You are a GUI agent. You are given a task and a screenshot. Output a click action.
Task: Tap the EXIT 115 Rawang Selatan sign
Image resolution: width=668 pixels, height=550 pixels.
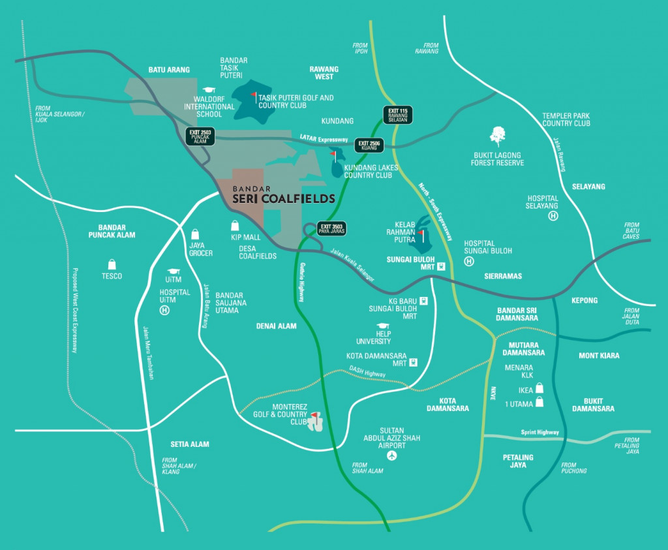pyautogui.click(x=397, y=114)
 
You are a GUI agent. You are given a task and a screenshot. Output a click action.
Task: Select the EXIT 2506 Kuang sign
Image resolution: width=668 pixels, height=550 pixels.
pyautogui.click(x=369, y=145)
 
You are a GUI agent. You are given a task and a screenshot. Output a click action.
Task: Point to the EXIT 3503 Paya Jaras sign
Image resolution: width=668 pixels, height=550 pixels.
pyautogui.click(x=331, y=228)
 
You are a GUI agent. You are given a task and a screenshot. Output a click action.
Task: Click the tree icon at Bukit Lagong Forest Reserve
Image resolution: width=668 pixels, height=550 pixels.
pyautogui.click(x=498, y=136)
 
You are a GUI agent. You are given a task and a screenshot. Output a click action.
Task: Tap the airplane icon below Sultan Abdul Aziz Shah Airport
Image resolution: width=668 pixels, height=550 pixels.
pyautogui.click(x=391, y=455)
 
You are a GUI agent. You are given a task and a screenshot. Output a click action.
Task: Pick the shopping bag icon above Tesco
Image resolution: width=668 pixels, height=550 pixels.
pyautogui.click(x=112, y=264)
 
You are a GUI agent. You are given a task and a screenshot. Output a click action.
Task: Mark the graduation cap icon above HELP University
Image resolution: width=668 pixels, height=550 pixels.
pyautogui.click(x=382, y=326)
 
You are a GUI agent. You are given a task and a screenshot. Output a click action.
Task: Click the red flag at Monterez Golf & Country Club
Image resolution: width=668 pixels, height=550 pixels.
pyautogui.click(x=314, y=415)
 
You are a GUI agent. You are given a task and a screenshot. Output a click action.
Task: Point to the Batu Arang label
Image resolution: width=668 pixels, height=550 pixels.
pyautogui.click(x=169, y=70)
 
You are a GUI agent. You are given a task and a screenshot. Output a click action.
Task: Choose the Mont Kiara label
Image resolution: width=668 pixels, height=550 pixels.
pyautogui.click(x=599, y=356)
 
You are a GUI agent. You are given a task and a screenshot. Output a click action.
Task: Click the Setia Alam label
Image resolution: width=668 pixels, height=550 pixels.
pyautogui.click(x=190, y=444)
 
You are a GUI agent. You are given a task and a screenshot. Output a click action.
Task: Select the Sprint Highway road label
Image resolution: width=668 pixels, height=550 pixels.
pyautogui.click(x=540, y=432)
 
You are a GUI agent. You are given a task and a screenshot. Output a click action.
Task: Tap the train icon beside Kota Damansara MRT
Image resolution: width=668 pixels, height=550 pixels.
pyautogui.click(x=412, y=363)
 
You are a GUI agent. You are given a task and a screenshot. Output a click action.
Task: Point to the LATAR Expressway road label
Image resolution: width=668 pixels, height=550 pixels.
pyautogui.click(x=323, y=138)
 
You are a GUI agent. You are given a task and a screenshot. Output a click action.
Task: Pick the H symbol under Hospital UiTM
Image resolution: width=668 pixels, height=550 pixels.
pyautogui.click(x=164, y=311)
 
